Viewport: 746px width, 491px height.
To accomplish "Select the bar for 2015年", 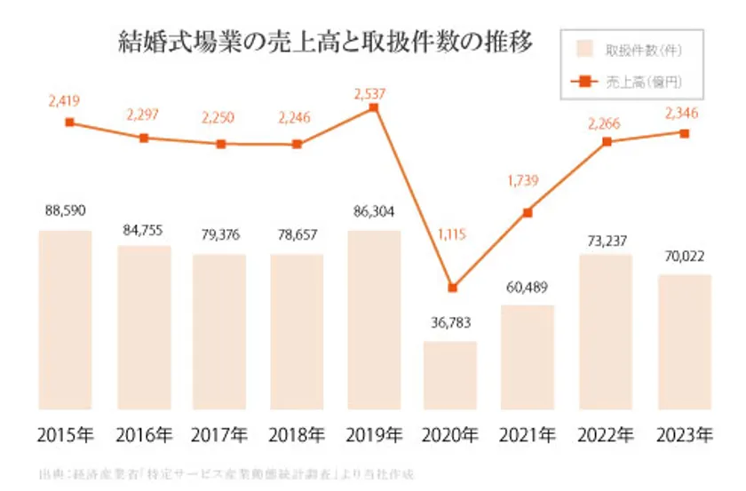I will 66,320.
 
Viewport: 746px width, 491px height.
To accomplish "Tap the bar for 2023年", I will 685,342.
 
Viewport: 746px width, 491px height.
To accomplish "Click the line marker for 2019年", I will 374,107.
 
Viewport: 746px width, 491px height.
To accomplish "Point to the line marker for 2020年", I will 452,288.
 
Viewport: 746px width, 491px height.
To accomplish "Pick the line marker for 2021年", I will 528,212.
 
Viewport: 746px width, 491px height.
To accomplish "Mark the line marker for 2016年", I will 144,138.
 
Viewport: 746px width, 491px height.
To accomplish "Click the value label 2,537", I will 373,90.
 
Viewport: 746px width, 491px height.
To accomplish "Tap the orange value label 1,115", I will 451,235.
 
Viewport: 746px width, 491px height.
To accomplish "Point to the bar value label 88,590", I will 66,213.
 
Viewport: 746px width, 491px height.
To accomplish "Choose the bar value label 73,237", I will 607,238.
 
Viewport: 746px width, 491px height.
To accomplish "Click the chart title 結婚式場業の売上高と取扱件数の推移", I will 328,41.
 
